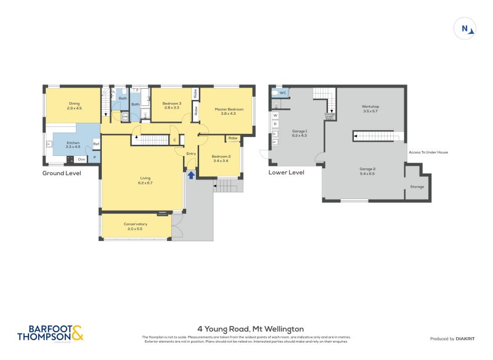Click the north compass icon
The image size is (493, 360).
click(467, 28)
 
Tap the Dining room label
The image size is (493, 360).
click(74, 106)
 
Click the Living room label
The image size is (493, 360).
click(145, 181)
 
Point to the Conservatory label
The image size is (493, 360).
click(136, 226)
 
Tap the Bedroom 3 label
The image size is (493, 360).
click(171, 105)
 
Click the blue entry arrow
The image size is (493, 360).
click(191, 175)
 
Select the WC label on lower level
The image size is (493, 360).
click(283, 92)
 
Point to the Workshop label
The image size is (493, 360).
click(370, 108)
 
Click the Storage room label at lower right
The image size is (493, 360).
click(417, 186)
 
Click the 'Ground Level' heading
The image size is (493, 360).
click(62, 173)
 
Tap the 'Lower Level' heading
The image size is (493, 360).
click(286, 173)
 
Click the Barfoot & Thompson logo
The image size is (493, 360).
click(49, 333)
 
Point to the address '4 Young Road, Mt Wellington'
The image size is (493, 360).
click(250, 329)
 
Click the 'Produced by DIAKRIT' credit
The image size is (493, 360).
click(451, 339)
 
